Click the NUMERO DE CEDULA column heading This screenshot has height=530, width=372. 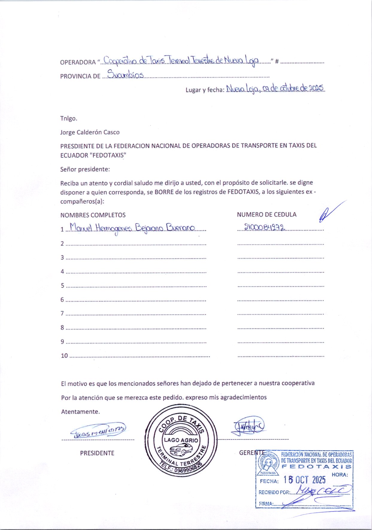[x=266, y=215]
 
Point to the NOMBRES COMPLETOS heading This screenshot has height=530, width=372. [x=93, y=215]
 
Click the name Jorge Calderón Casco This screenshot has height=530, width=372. [x=90, y=132]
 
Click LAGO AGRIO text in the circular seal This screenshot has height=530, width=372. [x=181, y=440]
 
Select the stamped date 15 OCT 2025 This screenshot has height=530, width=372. [x=304, y=480]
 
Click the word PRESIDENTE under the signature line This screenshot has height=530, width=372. [x=97, y=453]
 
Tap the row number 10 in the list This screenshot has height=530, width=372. [x=64, y=356]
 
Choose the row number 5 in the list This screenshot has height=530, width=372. [x=63, y=285]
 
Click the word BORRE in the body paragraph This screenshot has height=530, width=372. [x=164, y=192]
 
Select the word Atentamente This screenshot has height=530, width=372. [x=80, y=412]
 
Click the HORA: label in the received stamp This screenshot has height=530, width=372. [x=339, y=475]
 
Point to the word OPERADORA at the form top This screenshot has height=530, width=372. [x=78, y=63]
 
